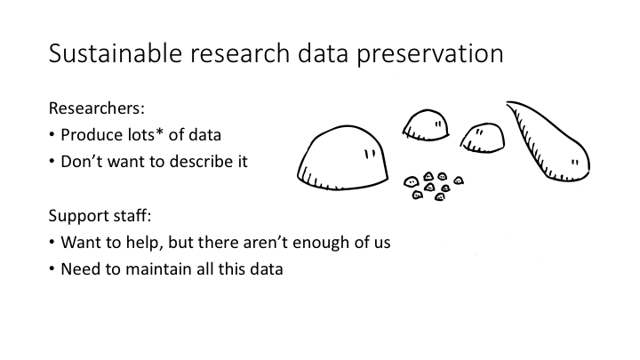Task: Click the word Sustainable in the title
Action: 115,53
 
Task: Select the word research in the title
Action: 240,53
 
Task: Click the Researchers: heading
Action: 97,108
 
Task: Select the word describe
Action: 197,161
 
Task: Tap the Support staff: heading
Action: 100,216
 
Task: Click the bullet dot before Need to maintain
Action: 52,268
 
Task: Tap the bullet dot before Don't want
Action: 52,161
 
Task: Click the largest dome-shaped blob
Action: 342,158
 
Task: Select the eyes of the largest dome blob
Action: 370,155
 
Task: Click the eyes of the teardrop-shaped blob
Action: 575,163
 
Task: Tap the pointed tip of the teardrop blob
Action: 507,102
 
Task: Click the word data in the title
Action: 323,53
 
